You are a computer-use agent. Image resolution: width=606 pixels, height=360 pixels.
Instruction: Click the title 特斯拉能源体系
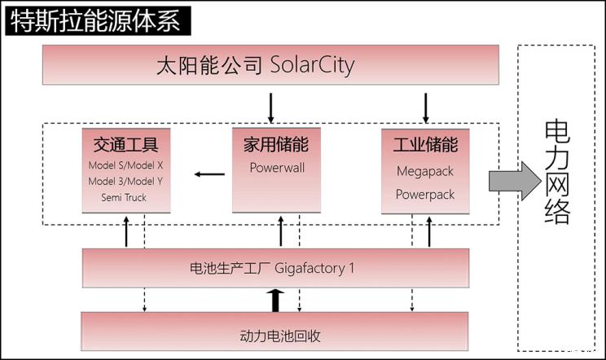point(96,19)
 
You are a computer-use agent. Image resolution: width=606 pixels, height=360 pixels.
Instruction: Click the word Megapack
point(425,172)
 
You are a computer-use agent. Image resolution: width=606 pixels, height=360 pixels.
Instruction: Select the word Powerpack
point(425,195)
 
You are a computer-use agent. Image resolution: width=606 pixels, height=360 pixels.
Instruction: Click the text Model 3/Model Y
point(125,181)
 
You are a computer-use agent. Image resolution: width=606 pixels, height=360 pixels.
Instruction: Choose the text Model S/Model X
point(125,165)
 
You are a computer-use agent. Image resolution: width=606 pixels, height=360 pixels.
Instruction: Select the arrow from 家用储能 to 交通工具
point(209,173)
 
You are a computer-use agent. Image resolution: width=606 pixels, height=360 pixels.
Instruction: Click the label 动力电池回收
point(276,334)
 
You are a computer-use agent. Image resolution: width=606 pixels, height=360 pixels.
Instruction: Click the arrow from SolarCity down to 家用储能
point(271,106)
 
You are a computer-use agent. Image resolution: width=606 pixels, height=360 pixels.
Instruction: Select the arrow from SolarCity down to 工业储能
point(425,106)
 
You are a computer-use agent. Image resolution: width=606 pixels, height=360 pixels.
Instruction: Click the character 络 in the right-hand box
point(558,210)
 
